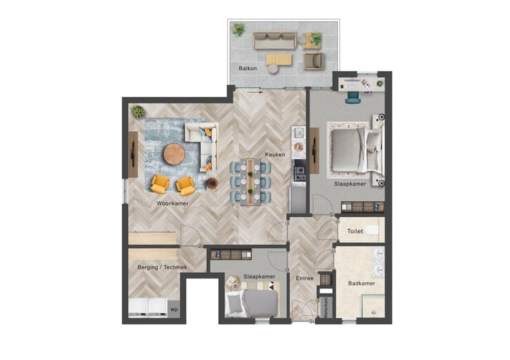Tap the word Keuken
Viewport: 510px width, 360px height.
coord(275,154)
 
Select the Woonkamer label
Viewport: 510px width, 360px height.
coord(172,203)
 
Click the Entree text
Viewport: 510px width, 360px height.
coord(305,279)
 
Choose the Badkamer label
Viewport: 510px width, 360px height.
coord(361,283)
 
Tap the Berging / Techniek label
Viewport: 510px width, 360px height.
coord(162,267)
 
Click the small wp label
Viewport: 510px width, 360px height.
coord(174,309)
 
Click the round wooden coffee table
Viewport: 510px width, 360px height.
coord(174,154)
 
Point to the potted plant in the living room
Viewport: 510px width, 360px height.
coord(137,111)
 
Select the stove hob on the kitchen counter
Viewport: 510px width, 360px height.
coord(299,174)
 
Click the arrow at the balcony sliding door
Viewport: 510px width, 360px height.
coord(255,91)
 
